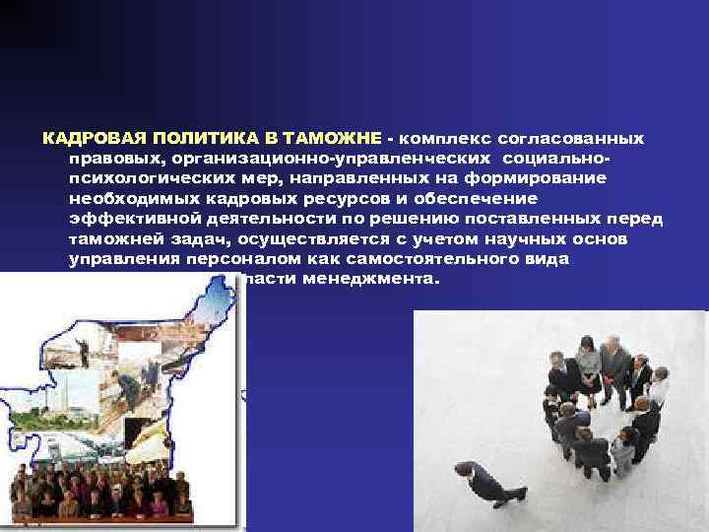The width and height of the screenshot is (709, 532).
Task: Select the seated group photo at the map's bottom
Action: (98, 493)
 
